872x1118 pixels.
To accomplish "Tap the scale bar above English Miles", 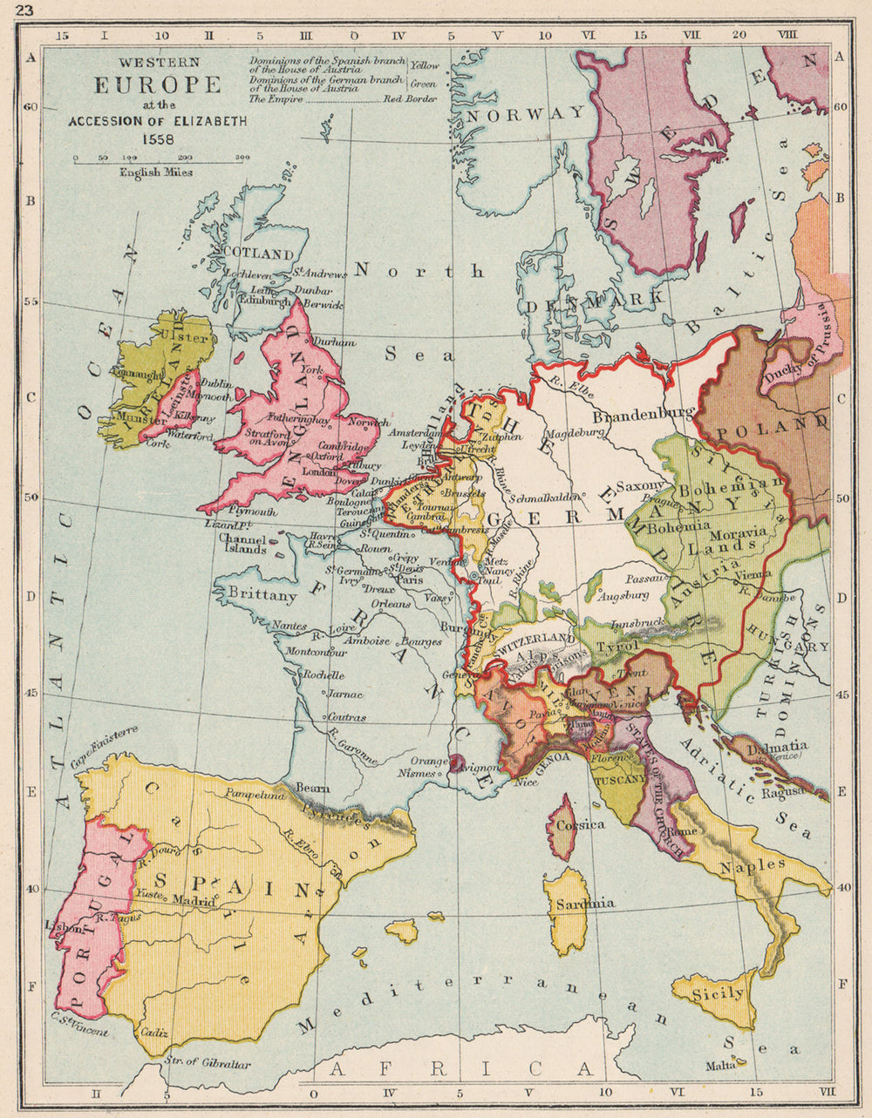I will (158, 159).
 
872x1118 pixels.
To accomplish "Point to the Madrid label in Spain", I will (194, 901).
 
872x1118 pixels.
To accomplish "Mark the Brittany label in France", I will (262, 595).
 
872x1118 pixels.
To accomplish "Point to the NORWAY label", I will (526, 113).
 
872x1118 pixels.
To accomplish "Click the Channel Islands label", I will (242, 544).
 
